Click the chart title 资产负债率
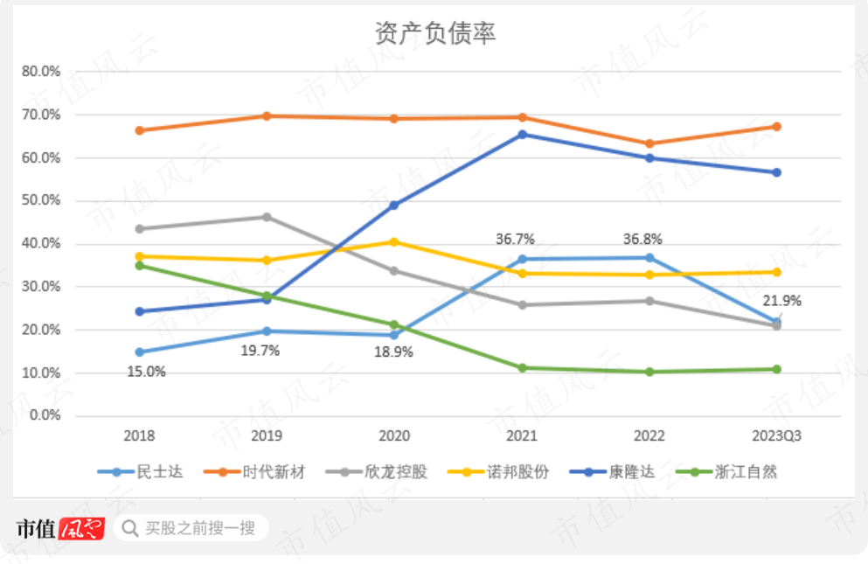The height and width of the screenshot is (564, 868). coord(434,33)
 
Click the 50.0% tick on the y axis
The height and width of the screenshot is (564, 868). coord(42,200)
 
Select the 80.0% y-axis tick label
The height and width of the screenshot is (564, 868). coord(42,71)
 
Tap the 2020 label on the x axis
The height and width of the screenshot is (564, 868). coord(394,436)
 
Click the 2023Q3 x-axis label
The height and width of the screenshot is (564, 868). coord(776,436)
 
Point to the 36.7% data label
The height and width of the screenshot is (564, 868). coord(515,239)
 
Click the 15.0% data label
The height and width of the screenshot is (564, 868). coord(146,372)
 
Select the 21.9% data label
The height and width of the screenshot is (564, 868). coord(781,301)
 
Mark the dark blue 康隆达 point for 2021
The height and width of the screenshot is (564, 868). coord(522,135)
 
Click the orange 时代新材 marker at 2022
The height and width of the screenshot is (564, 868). coord(649,143)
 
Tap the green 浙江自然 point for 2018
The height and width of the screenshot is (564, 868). coord(139,265)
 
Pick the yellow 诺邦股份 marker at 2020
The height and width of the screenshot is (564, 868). coord(394,241)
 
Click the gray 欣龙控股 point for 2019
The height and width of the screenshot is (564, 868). coord(267,217)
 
